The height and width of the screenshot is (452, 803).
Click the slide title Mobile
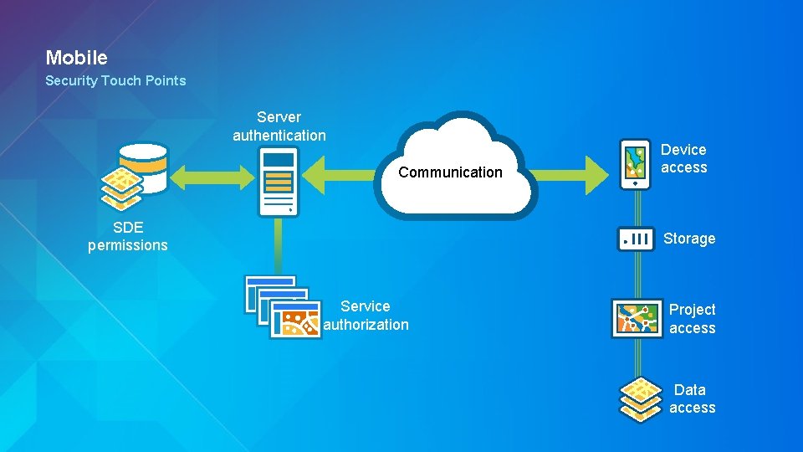[x=76, y=58]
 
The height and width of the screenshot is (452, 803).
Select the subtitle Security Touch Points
[x=115, y=81]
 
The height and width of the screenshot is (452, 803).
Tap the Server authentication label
[x=279, y=126]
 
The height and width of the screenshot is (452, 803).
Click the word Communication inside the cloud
[x=450, y=172]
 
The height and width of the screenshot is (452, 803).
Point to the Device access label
[x=683, y=158]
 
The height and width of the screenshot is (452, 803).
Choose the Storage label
[x=689, y=239]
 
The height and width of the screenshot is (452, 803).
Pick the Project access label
[x=692, y=319]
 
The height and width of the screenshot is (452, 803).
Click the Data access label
[x=692, y=398]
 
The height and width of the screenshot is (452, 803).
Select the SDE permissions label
[x=128, y=236]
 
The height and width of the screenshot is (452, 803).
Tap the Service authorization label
[x=366, y=316]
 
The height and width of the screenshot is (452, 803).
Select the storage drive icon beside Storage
[x=636, y=239]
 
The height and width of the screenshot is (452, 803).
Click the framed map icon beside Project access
[x=637, y=318]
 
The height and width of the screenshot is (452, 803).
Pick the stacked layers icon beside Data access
[x=639, y=398]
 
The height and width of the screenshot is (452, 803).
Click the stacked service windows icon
[x=283, y=306]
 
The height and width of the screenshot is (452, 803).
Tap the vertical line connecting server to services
[x=279, y=246]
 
